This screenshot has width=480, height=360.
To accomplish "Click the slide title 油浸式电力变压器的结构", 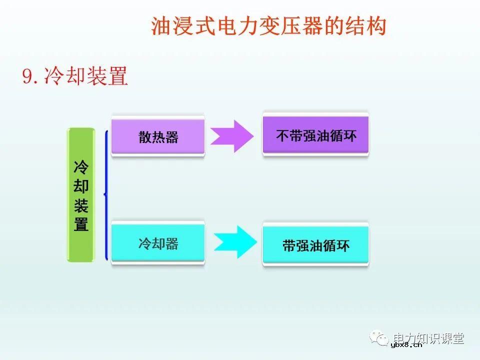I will pos(268,26).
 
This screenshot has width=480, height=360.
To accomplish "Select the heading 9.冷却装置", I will pos(75,76).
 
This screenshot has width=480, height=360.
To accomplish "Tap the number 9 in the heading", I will pos(27,77).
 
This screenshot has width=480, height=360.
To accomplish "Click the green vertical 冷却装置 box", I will pos(81,195).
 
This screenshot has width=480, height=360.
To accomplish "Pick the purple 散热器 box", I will pos(158,137).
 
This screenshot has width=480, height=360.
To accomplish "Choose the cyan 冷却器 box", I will pos(158,243).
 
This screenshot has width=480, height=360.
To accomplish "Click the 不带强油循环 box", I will pos(315,135).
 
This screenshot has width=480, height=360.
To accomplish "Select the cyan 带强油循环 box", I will pos(315,245).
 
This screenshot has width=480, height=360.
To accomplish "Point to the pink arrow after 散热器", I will pos(231,136).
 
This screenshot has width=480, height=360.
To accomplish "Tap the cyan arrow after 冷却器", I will pos(235,242).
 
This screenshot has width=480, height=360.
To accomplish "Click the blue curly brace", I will pos(105,195).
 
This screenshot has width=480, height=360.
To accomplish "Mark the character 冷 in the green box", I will pos(81,167).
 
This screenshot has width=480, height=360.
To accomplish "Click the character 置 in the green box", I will pos(81,224).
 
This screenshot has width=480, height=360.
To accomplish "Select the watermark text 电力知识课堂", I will pos(428,338).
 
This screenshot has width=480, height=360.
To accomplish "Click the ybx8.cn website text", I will pos(406,344).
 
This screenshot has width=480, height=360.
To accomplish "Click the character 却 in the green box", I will pos(81,186).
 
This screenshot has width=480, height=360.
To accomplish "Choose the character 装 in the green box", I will pos(81,205).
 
